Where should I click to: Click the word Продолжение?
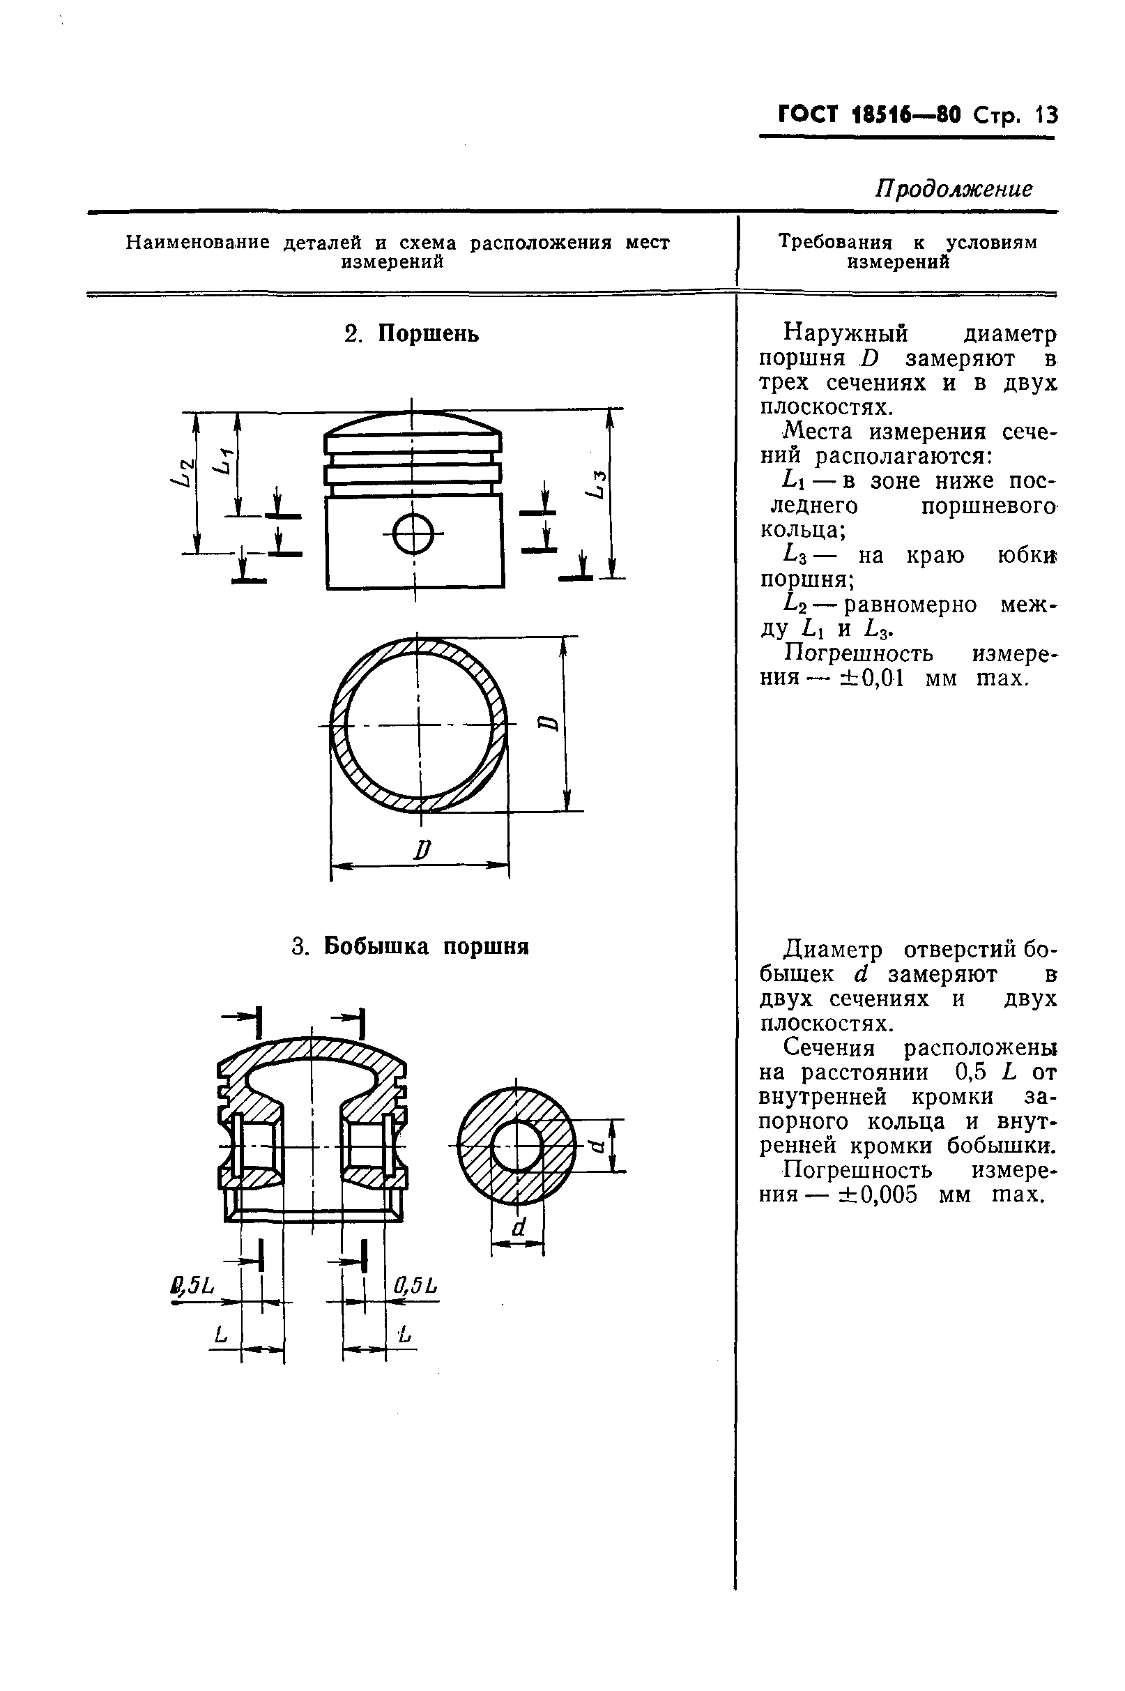pyautogui.click(x=954, y=188)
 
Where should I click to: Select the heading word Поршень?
pyautogui.click(x=429, y=334)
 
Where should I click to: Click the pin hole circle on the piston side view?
pyautogui.click(x=414, y=534)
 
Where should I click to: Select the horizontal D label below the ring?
pyautogui.click(x=421, y=851)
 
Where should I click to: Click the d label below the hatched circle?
pyautogui.click(x=519, y=1227)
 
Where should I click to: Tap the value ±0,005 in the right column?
pyautogui.click(x=879, y=1195)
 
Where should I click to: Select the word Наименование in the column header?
pyautogui.click(x=198, y=243)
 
